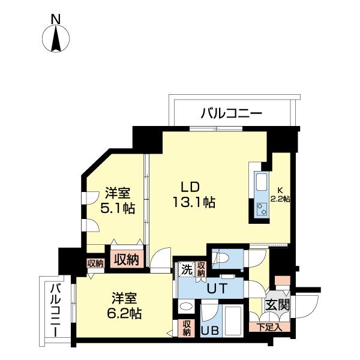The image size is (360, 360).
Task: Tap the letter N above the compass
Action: click(55, 19)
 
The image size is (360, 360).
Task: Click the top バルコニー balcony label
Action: click(231, 112)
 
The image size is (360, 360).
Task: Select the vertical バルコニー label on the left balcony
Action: click(55, 310)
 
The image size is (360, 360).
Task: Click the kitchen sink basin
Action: click(262, 182)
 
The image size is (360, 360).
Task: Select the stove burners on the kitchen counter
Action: click(262, 209)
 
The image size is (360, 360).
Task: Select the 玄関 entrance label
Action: click(278, 305)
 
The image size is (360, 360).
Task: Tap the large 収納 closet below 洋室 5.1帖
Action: click(124, 259)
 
